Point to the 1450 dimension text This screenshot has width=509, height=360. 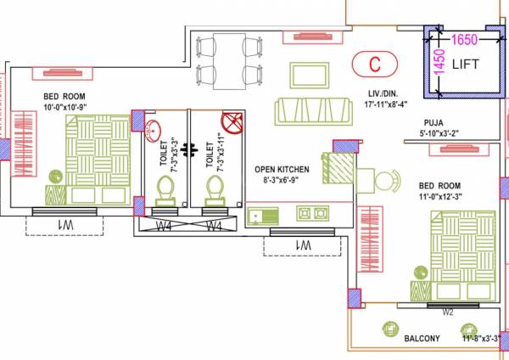pyautogui.click(x=439, y=64)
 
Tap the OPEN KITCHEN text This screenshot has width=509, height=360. pyautogui.click(x=282, y=170)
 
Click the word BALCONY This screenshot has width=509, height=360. pyautogui.click(x=422, y=339)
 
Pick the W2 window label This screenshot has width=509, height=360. pyautogui.click(x=450, y=311)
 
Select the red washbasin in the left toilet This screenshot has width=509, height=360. pyautogui.click(x=152, y=130)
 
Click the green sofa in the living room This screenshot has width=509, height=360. pyautogui.click(x=312, y=110)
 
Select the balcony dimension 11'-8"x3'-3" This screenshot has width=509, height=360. pyautogui.click(x=483, y=339)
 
